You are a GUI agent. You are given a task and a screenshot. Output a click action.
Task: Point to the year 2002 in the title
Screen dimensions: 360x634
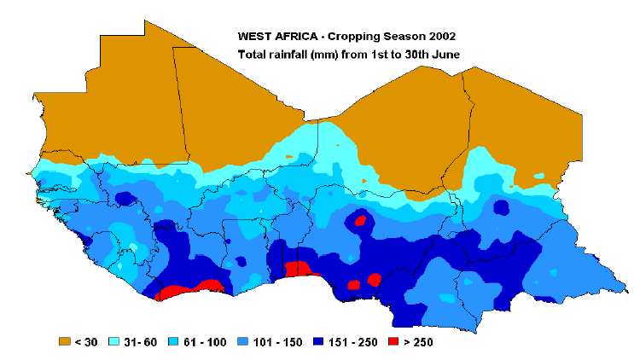[441, 37]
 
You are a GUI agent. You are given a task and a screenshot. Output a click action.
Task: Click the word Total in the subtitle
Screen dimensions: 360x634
[253, 55]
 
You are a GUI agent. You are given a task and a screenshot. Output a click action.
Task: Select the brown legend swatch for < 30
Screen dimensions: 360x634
[64, 341]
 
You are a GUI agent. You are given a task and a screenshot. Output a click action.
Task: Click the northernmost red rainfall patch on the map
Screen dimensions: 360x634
[360, 220]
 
